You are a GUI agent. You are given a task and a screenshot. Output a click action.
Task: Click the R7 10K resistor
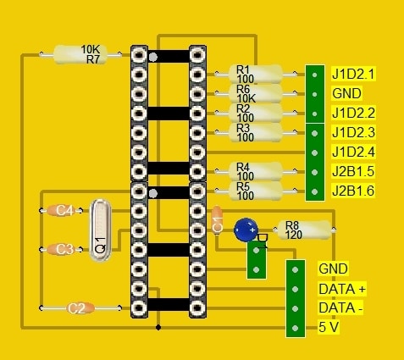click(80, 54)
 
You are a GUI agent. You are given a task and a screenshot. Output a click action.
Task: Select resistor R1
click(255, 74)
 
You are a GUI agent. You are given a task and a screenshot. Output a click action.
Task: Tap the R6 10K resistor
click(255, 93)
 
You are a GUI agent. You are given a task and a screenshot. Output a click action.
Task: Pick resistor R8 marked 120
click(304, 230)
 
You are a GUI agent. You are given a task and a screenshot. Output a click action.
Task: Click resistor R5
click(255, 191)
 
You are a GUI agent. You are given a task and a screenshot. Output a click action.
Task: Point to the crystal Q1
click(100, 230)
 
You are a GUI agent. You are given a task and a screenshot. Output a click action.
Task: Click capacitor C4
click(61, 210)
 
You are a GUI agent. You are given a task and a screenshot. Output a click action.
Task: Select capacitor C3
click(61, 249)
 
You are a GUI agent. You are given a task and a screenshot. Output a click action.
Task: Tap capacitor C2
click(80, 308)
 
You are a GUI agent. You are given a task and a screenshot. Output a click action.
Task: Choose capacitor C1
click(217, 220)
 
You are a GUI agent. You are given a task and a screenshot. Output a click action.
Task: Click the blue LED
click(246, 230)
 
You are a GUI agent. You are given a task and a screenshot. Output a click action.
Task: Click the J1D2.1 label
click(353, 75)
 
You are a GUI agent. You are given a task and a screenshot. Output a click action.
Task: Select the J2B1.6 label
click(353, 191)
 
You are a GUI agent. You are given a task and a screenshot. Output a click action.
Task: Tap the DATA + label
click(342, 289)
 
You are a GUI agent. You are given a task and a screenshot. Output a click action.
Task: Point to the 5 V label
click(329, 328)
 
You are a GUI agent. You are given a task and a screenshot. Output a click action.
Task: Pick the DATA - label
click(340, 308)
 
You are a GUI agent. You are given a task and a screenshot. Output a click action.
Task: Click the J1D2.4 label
click(353, 152)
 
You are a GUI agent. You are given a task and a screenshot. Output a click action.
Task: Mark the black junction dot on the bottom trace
click(158, 328)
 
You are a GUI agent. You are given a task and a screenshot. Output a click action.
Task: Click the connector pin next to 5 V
click(296, 328)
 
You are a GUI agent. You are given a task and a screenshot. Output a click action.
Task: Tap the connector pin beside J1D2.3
click(314, 133)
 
